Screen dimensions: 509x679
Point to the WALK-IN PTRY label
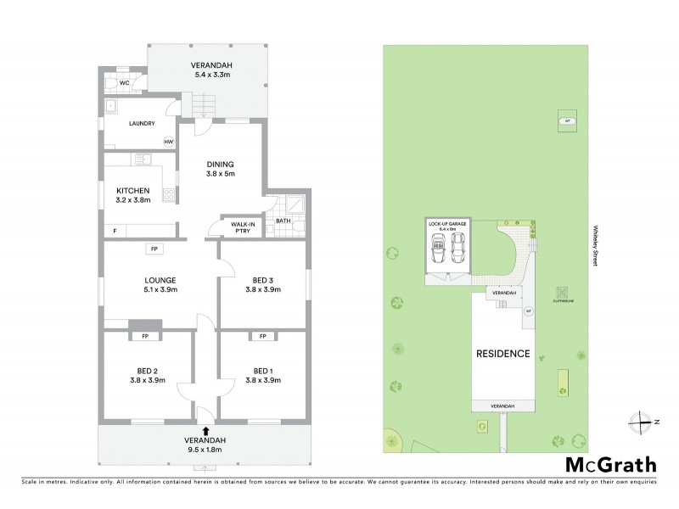238,227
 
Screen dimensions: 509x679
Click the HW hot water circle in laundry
169,142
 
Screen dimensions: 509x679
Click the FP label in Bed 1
262,337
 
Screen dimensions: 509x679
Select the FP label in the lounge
154,249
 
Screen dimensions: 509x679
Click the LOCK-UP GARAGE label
447,225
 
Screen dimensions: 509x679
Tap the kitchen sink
143,158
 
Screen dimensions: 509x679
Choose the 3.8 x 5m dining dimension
220,174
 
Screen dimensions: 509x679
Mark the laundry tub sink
109,106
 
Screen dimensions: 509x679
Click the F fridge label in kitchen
115,231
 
